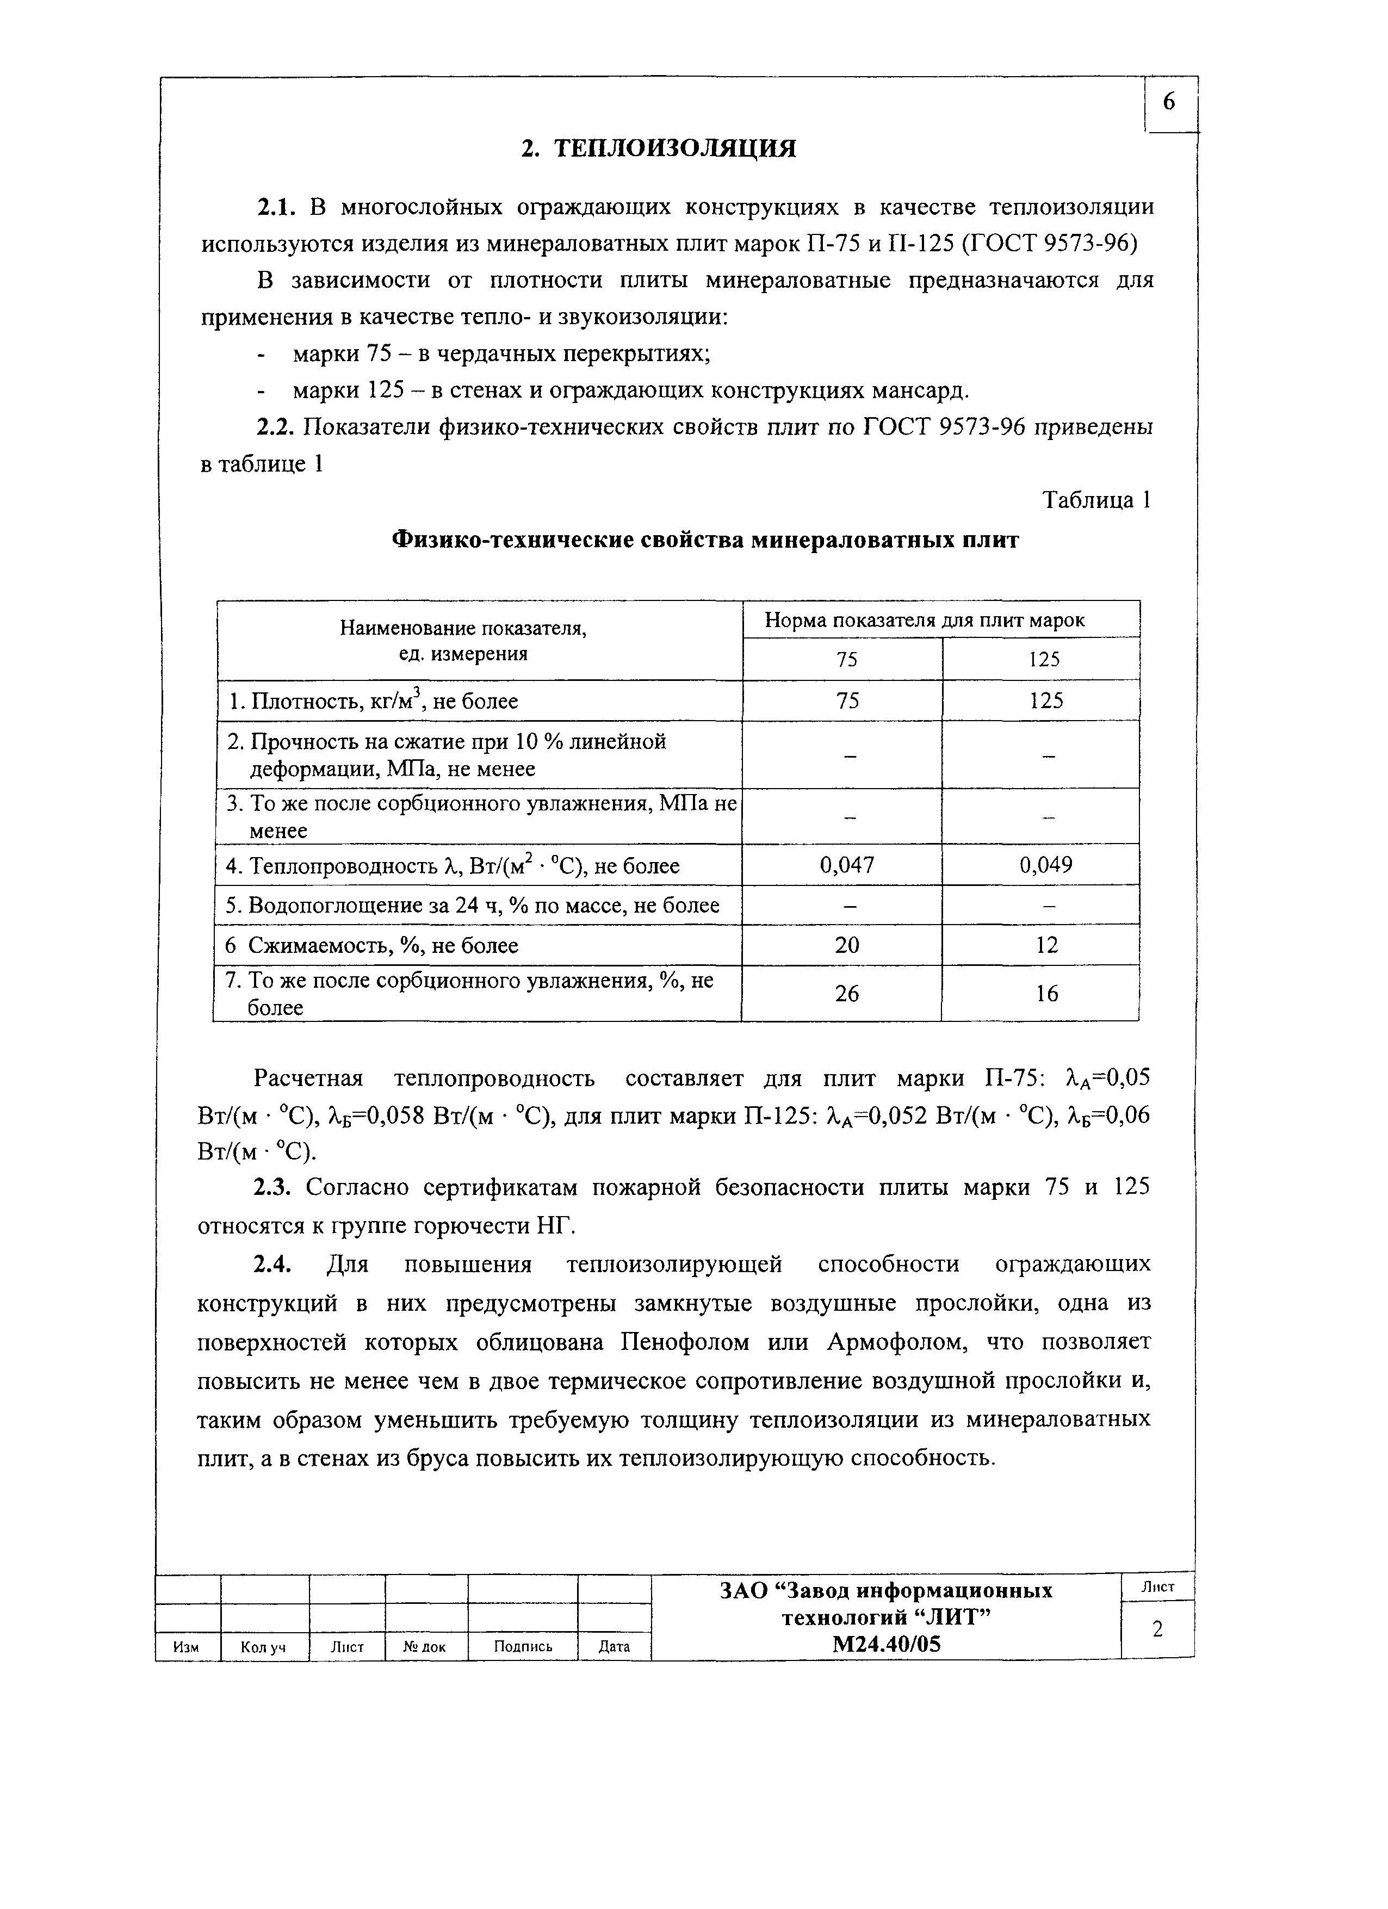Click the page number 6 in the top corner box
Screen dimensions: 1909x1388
(x=1169, y=103)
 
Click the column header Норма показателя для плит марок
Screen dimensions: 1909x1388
(x=924, y=621)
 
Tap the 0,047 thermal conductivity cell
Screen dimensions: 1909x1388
(x=847, y=864)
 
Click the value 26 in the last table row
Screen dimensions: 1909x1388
(x=847, y=993)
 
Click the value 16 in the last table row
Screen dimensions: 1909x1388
(x=1046, y=993)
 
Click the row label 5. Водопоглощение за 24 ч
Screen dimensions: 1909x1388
(x=472, y=906)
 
